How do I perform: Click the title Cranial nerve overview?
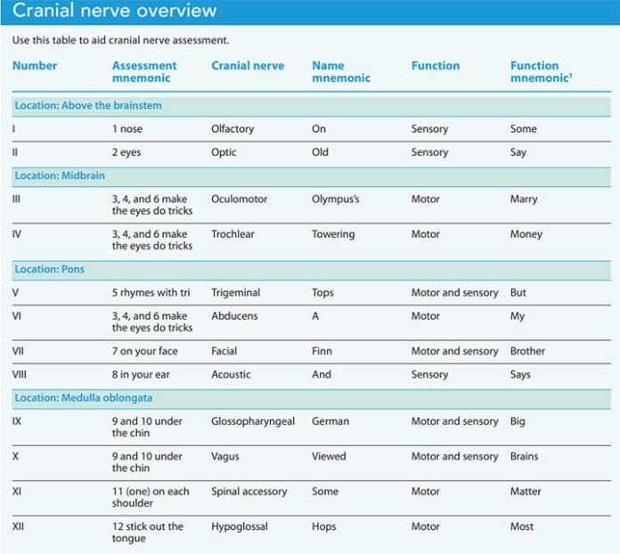pyautogui.click(x=114, y=12)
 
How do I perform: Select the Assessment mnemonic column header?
pyautogui.click(x=144, y=71)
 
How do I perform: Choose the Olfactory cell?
pyautogui.click(x=232, y=128)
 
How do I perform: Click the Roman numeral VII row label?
pyautogui.click(x=18, y=351)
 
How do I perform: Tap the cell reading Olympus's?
pyautogui.click(x=336, y=200)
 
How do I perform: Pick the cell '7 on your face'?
pyautogui.click(x=144, y=351)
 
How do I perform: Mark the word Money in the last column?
pyautogui.click(x=526, y=234)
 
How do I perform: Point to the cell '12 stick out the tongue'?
pyautogui.click(x=147, y=532)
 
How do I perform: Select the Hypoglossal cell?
pyautogui.click(x=240, y=526)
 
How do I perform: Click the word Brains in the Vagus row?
pyautogui.click(x=524, y=456)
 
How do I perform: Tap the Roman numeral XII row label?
pyautogui.click(x=19, y=526)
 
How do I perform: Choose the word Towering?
pyautogui.click(x=333, y=234)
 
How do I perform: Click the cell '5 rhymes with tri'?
pyautogui.click(x=151, y=292)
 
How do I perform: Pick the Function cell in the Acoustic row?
pyautogui.click(x=430, y=374)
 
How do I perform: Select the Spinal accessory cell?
pyautogui.click(x=249, y=491)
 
